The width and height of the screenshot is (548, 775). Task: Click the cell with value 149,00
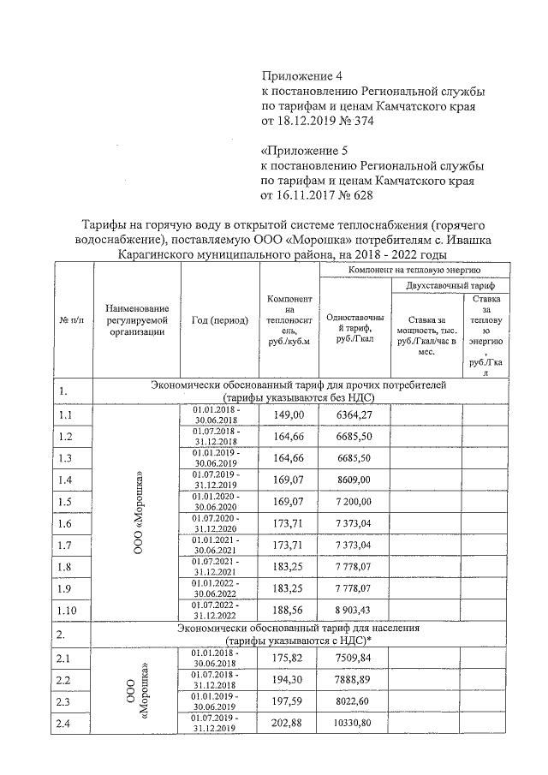point(289,414)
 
